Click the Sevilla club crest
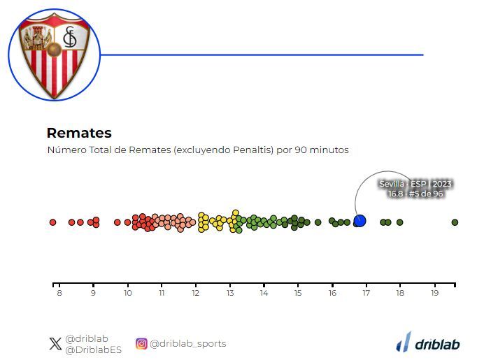coord(55,55)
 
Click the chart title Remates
coord(79,133)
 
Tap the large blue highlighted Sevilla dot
coord(360,221)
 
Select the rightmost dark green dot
coord(455,222)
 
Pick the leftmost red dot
coord(52,222)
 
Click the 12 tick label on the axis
coord(196,293)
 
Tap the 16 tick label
coord(332,293)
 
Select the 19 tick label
coord(435,293)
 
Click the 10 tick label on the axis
coord(127,293)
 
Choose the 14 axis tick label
coord(264,293)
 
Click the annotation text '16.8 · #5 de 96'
coord(415,194)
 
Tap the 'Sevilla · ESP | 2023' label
coord(415,184)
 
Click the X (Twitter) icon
coord(55,344)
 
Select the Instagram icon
coord(141,344)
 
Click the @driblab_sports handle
coord(187,344)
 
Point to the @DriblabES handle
coord(93,350)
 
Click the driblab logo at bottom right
coord(428,343)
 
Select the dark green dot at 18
coord(399,222)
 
